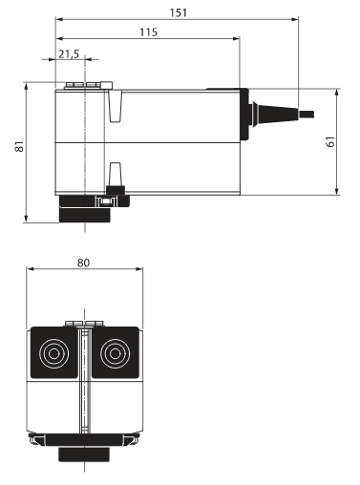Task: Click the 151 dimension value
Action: [x=179, y=11]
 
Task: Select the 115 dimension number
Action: [x=148, y=32]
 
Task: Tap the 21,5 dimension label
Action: [x=69, y=54]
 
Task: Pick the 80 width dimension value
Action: [x=85, y=261]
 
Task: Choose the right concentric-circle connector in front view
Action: [x=117, y=354]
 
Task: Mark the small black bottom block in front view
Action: [x=86, y=453]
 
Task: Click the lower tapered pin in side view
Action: [x=116, y=173]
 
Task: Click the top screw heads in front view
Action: [x=83, y=324]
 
